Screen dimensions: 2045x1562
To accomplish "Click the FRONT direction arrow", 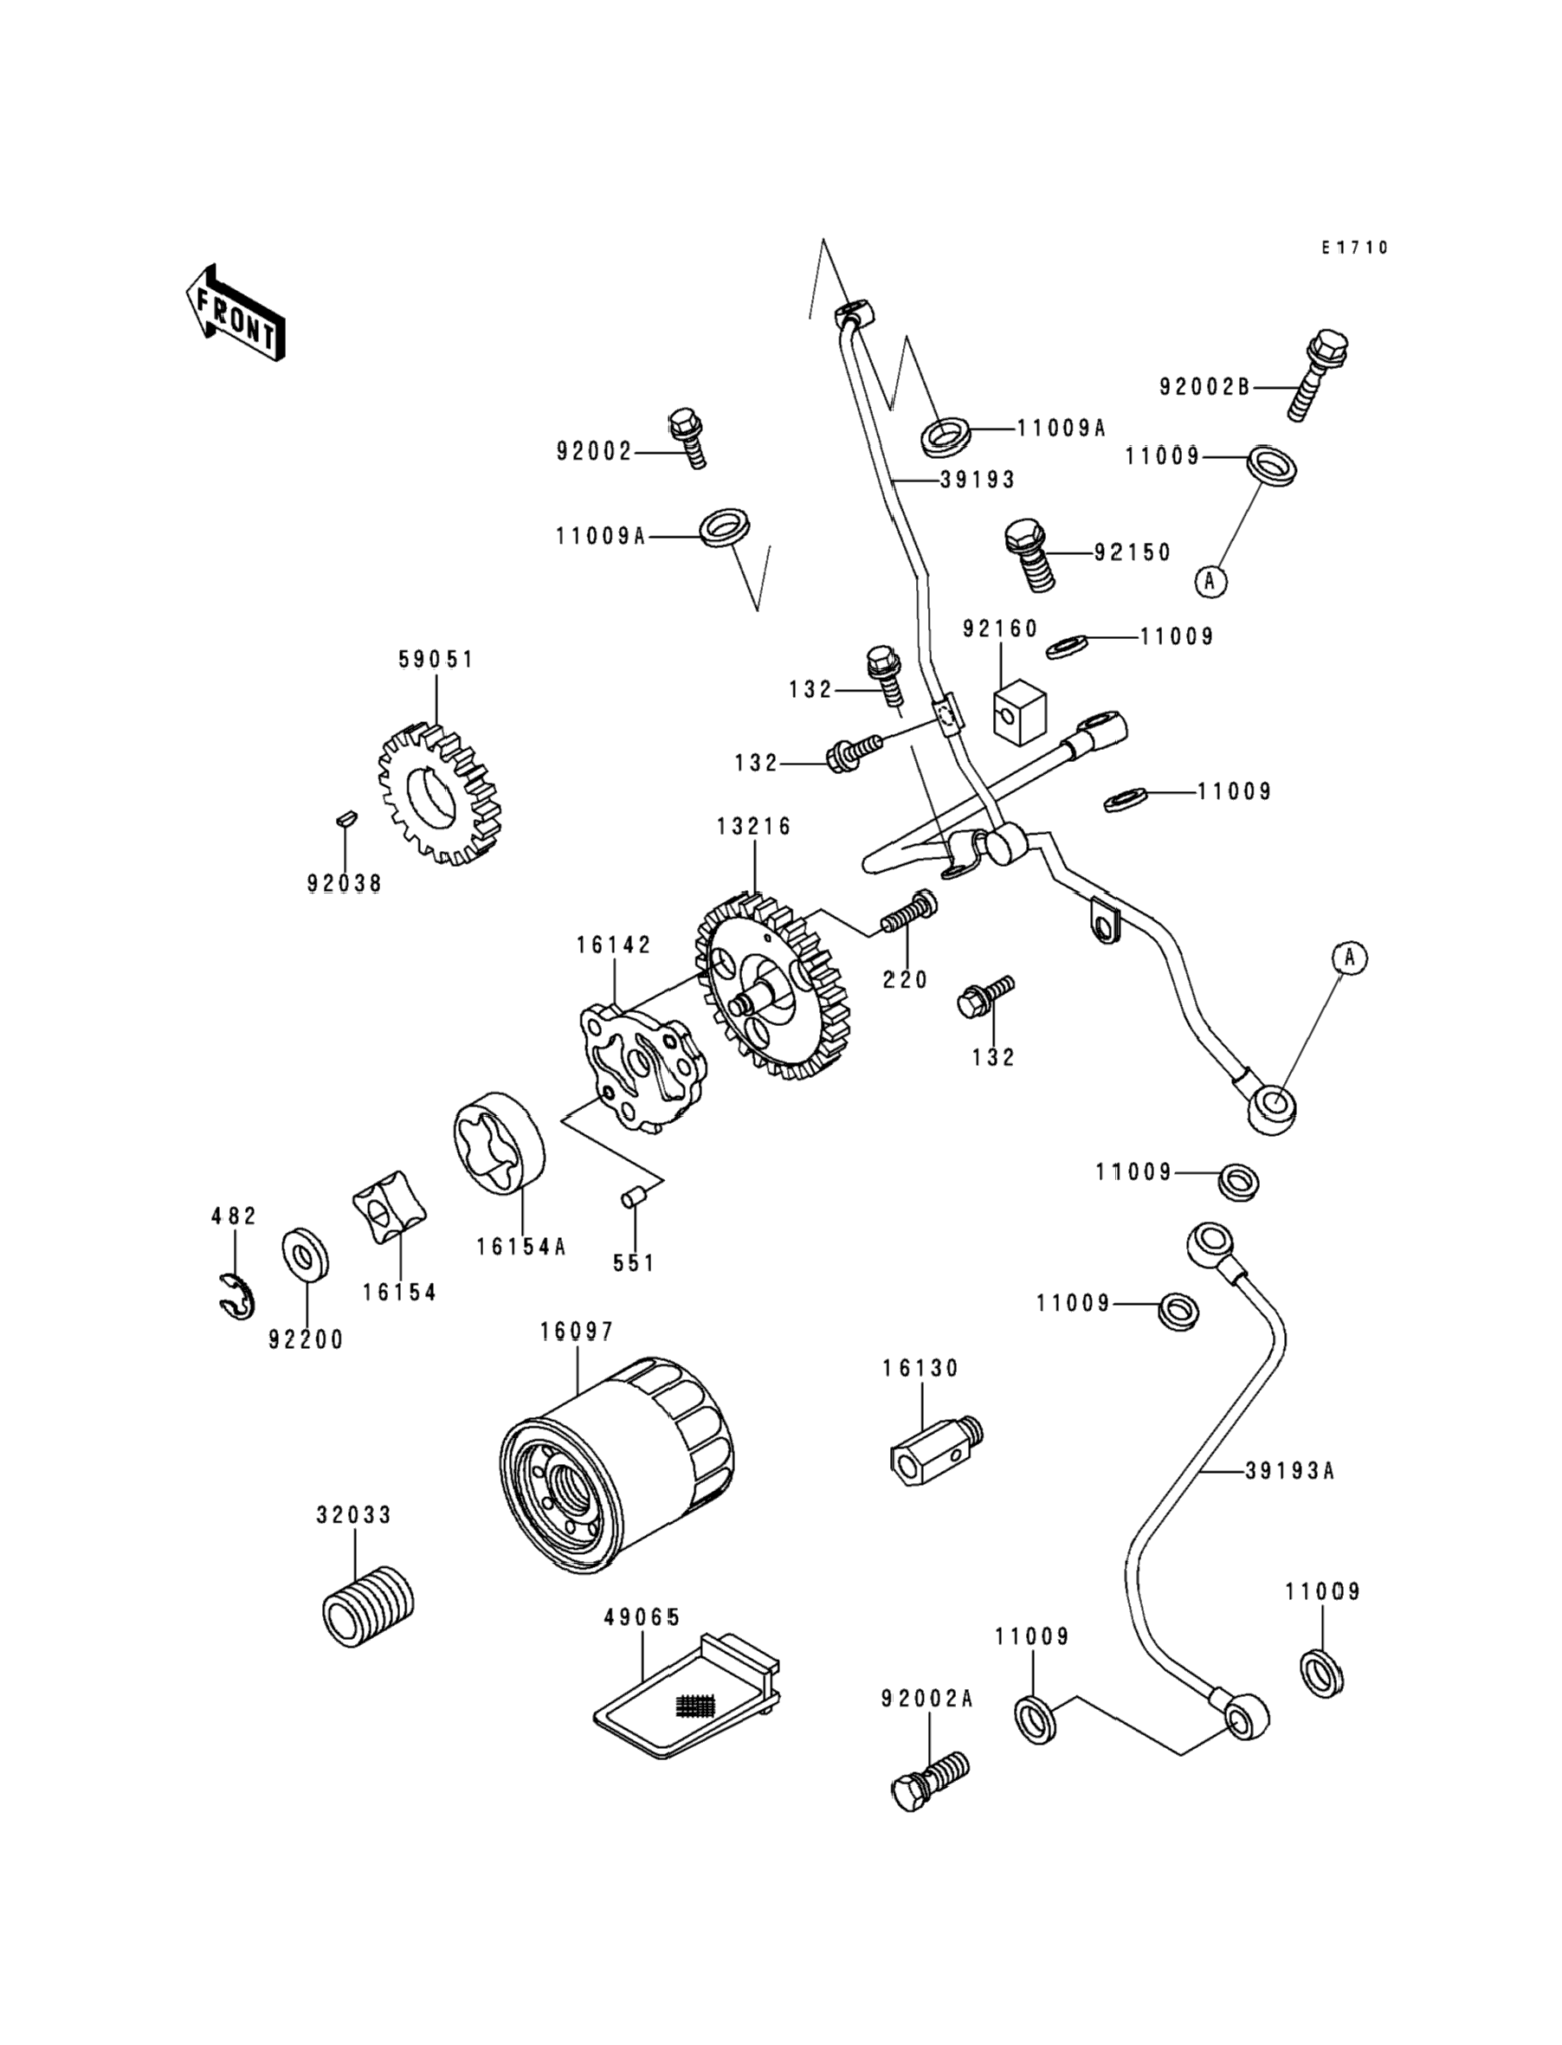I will (x=236, y=313).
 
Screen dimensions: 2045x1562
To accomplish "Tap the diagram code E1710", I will (x=1355, y=248).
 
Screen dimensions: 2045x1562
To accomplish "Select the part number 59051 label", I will (x=436, y=659).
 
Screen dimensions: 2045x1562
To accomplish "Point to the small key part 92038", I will (x=344, y=819).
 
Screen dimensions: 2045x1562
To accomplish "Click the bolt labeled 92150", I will (x=1030, y=554).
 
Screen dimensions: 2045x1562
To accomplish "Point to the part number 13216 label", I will (x=753, y=826).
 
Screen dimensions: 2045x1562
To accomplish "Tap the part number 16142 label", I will (x=614, y=945).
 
